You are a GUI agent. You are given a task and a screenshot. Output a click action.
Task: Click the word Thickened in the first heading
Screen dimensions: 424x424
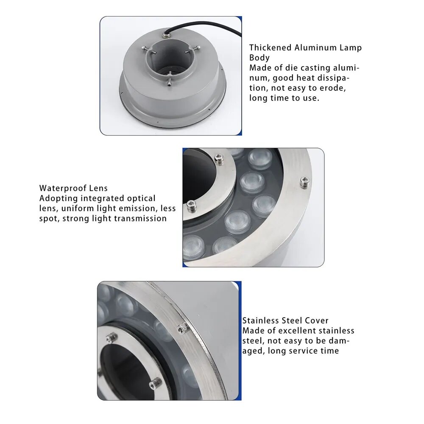point(270,47)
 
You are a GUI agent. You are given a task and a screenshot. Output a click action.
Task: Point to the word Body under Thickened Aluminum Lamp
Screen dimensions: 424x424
point(259,58)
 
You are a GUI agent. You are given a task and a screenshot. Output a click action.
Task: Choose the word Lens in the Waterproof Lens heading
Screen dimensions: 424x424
point(98,188)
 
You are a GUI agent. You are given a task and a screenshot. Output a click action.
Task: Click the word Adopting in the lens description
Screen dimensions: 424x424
point(59,198)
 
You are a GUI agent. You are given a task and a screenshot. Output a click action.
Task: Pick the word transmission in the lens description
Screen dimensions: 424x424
point(139,218)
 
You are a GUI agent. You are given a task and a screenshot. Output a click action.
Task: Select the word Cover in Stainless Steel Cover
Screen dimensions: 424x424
point(316,321)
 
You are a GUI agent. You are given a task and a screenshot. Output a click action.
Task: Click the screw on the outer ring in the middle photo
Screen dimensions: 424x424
point(305,181)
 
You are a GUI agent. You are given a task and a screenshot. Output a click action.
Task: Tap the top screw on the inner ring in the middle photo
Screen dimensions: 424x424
point(218,159)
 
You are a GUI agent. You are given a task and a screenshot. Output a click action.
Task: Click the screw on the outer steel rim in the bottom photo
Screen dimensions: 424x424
point(182,329)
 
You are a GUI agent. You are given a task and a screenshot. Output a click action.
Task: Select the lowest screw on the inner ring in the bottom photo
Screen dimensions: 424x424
point(155,383)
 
